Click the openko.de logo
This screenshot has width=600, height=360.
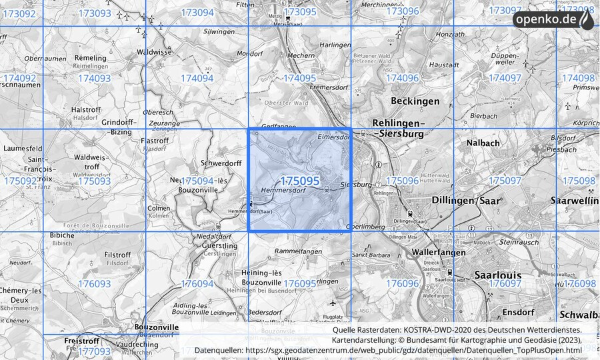pos(553,20)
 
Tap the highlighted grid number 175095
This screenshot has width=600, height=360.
pos(300,181)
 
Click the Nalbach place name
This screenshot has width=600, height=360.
pos(484,143)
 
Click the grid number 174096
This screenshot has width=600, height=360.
pos(402,78)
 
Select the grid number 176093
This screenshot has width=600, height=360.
pos(94,284)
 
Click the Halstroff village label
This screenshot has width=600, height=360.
pos(85,110)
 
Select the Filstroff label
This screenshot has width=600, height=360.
pos(117,255)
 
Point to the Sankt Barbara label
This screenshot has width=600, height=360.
pos(371,255)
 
